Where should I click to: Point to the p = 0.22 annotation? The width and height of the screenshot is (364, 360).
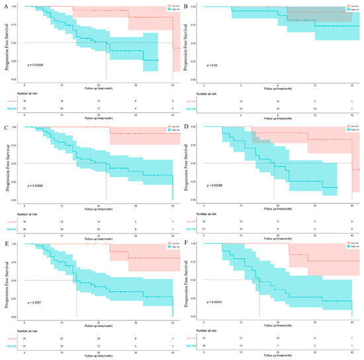pyautogui.click(x=210, y=66)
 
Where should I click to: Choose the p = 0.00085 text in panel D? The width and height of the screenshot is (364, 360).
pyautogui.click(x=214, y=183)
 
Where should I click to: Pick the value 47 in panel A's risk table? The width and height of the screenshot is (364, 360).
pyautogui.click(x=24, y=106)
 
